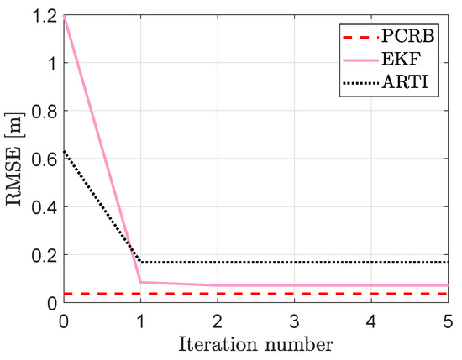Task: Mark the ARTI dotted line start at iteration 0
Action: (64, 151)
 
